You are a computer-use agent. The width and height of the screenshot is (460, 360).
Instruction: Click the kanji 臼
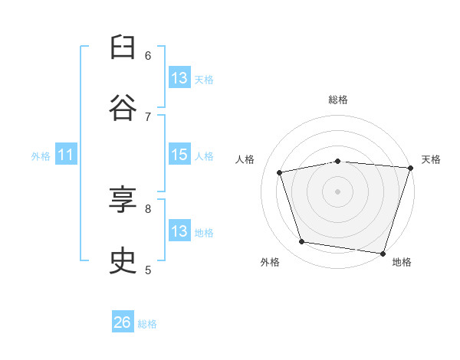tap(123, 50)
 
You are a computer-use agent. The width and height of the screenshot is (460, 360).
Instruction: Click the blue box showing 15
tap(179, 155)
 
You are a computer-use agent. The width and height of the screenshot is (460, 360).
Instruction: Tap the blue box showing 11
tap(66, 155)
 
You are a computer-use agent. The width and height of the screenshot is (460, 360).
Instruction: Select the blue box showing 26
tap(123, 322)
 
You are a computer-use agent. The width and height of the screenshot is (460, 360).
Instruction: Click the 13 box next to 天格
tap(179, 78)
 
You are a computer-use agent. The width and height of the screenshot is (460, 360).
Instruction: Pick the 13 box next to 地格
tap(179, 231)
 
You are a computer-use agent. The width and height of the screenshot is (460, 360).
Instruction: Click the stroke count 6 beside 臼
tap(148, 55)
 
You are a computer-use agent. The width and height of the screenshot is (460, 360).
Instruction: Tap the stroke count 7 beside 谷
tap(148, 116)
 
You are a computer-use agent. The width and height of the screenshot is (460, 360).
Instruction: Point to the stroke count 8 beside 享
tap(148, 208)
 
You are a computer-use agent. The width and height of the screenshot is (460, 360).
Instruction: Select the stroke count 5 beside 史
tap(148, 269)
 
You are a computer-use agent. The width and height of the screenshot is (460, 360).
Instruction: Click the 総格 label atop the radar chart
tap(338, 100)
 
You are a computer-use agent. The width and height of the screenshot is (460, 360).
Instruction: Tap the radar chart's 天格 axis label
tap(431, 159)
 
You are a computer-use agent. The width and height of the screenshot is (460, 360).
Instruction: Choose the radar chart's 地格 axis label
tap(402, 262)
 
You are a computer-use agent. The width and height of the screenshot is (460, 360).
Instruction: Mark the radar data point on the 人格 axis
tap(280, 172)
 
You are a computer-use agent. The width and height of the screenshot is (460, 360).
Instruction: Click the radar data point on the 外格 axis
tap(302, 242)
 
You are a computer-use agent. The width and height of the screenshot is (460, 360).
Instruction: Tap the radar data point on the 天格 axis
tap(410, 168)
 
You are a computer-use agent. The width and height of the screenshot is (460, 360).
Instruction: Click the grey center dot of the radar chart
tap(338, 191)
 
